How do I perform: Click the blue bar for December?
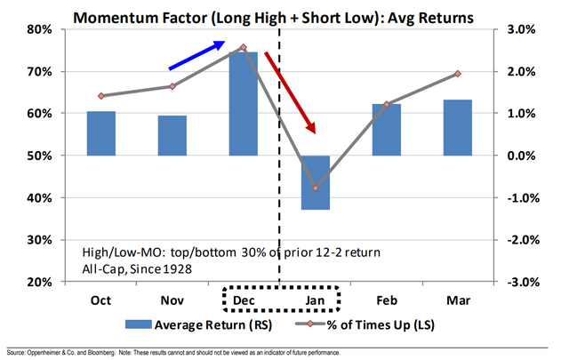[x=243, y=103]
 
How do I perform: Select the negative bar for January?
[x=315, y=182]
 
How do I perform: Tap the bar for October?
[x=101, y=133]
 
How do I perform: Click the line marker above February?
[x=387, y=104]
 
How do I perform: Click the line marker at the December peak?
[x=243, y=47]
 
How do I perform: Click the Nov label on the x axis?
[x=172, y=301]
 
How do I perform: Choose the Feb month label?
[x=387, y=301]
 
